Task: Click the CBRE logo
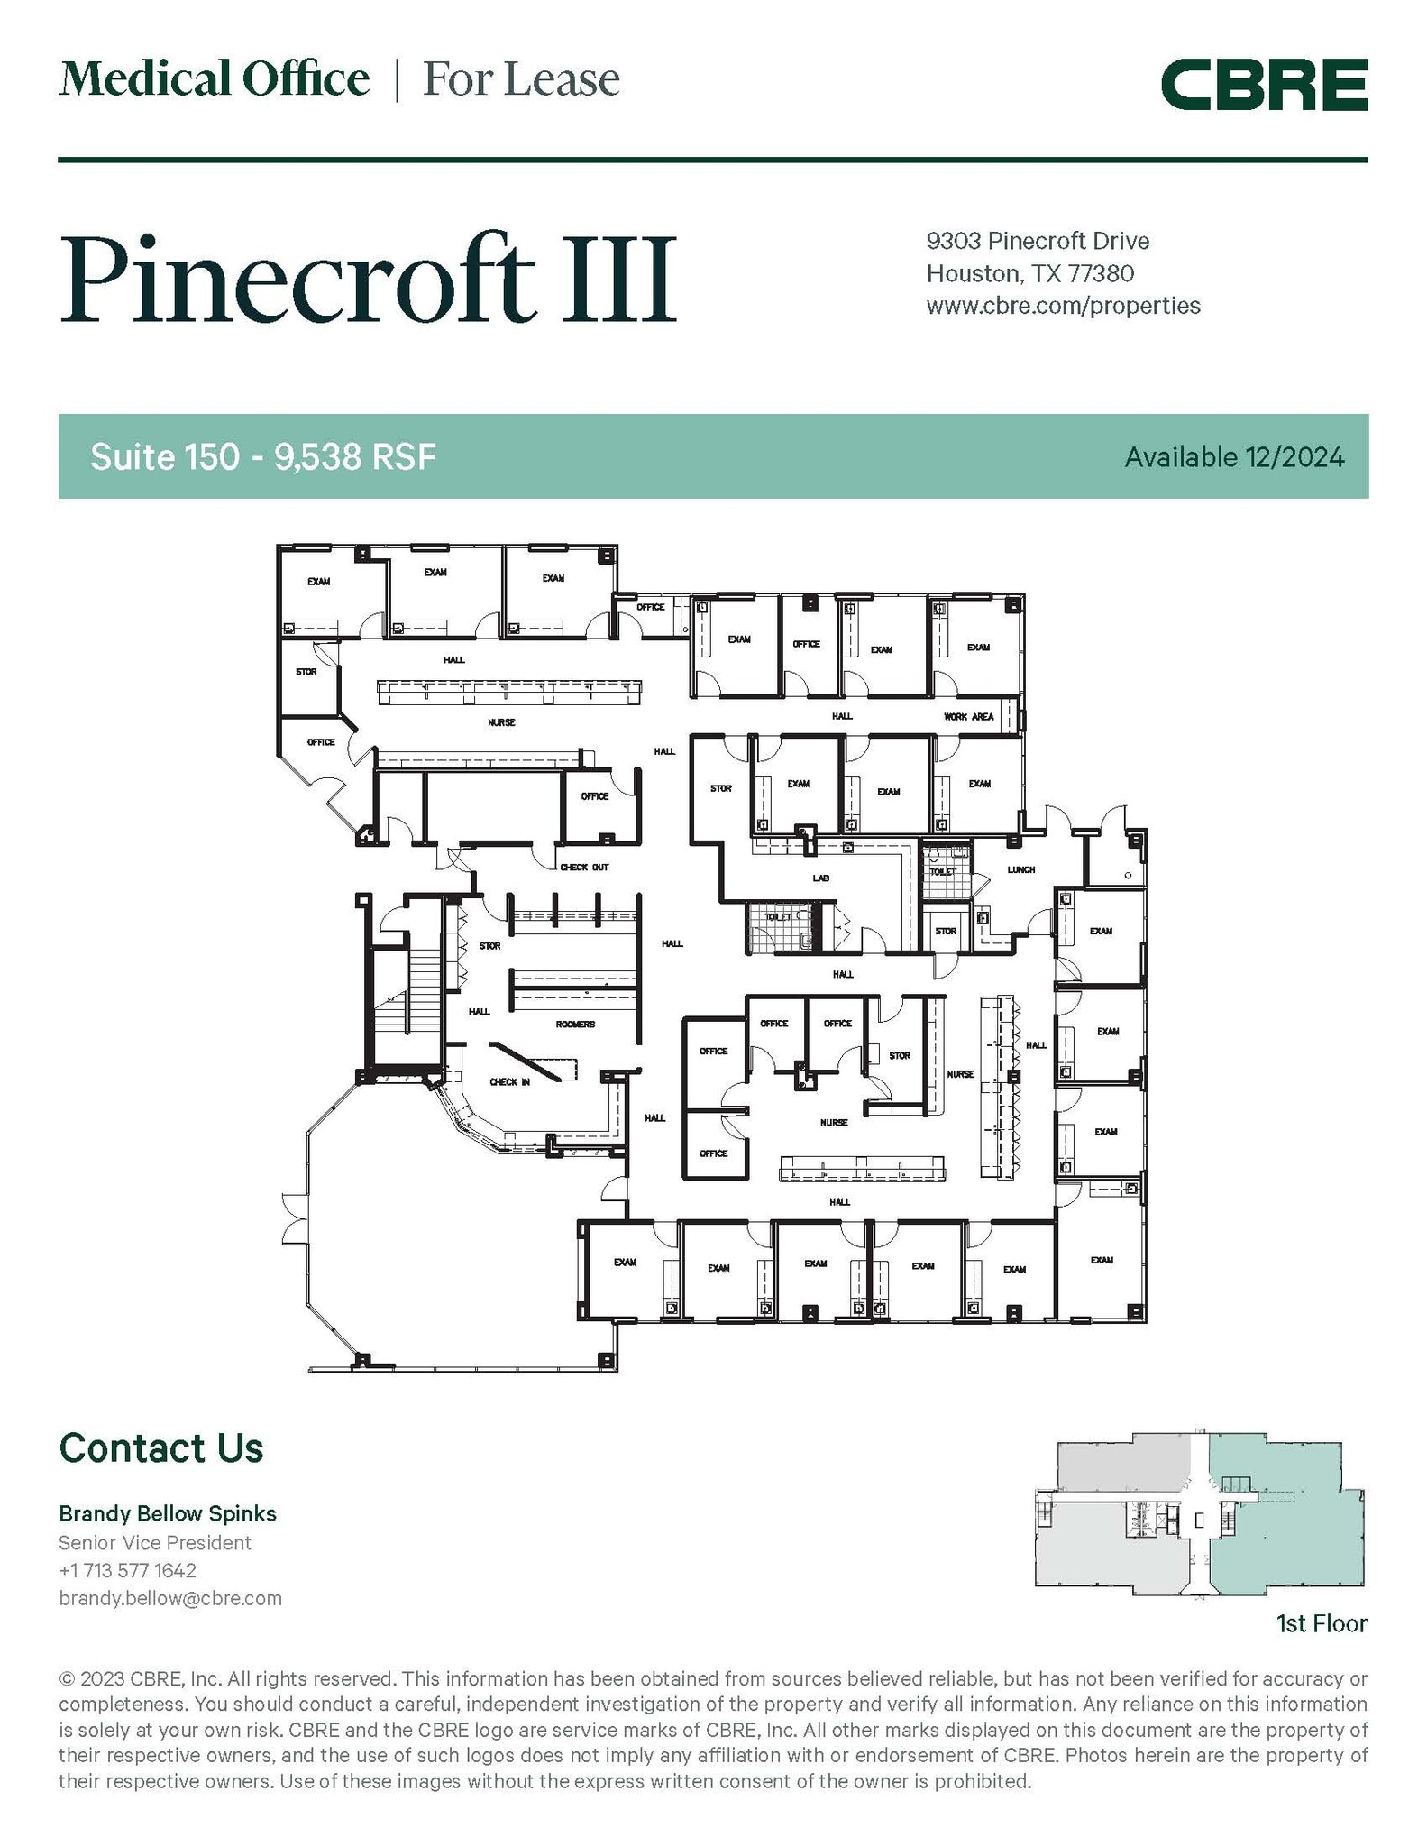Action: pos(1264,85)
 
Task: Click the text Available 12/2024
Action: pos(1233,457)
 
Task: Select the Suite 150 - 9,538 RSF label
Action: pos(263,457)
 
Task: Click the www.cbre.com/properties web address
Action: pos(1063,306)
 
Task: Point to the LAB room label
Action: pos(820,878)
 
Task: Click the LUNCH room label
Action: pos(1020,869)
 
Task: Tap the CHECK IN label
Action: pos(509,1081)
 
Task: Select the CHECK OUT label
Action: pos(584,867)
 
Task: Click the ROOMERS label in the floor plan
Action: pos(575,1024)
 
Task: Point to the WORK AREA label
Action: pos(968,716)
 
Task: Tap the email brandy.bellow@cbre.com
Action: pos(170,1598)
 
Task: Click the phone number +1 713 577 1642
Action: pos(127,1570)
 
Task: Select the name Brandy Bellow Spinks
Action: pos(168,1513)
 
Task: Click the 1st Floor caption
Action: pos(1321,1624)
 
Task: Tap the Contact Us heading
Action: pos(161,1447)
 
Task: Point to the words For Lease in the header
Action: pos(521,79)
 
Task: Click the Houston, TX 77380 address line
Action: pos(1030,273)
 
